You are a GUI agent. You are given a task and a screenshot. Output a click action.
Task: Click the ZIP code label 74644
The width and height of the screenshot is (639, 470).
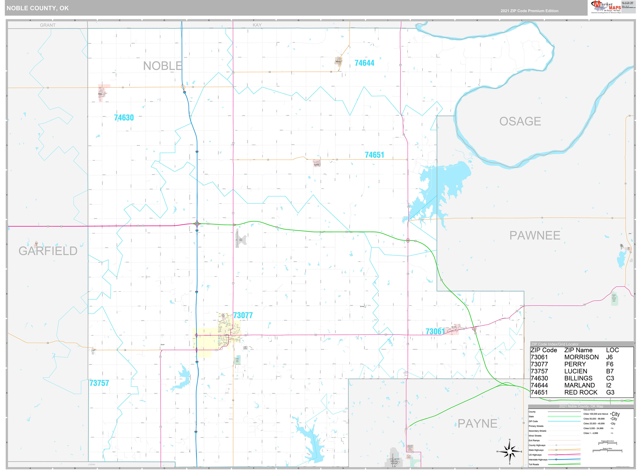(x=364, y=63)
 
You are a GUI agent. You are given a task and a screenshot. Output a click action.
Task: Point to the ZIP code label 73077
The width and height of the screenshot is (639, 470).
(x=243, y=315)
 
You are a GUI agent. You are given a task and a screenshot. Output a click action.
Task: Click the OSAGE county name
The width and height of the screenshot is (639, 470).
(x=520, y=121)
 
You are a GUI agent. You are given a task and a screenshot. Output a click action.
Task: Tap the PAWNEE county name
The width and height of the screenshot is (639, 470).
(x=534, y=236)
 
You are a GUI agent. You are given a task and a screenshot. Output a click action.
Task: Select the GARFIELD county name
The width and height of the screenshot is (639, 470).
(x=48, y=251)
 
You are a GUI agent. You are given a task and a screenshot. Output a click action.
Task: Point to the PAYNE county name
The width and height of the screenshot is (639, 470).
(x=477, y=424)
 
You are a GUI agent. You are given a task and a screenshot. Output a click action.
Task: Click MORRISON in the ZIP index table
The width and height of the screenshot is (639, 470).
(x=581, y=357)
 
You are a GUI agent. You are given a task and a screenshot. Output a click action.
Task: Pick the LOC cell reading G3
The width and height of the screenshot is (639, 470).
(x=610, y=392)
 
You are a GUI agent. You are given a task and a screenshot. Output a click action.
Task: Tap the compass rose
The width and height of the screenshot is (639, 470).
(x=509, y=452)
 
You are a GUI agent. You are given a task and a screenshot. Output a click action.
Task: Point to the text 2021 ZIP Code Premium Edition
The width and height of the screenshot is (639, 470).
(x=529, y=11)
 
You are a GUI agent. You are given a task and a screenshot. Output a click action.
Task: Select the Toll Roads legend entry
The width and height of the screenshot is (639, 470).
(x=534, y=465)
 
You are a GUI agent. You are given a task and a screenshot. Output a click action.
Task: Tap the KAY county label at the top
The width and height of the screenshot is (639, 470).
(x=257, y=25)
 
